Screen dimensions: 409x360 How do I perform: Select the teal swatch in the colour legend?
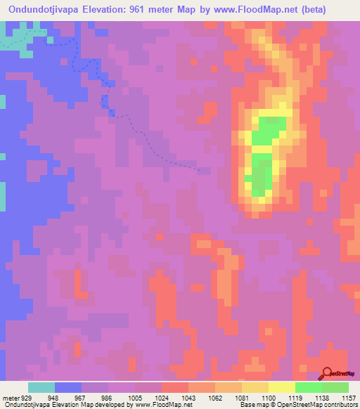(41, 387)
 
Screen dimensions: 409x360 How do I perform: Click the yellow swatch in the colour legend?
(282, 387)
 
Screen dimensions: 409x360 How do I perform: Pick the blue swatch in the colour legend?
(68, 387)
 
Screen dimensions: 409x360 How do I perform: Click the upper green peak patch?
(269, 131)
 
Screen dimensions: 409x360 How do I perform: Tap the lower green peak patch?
(262, 176)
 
